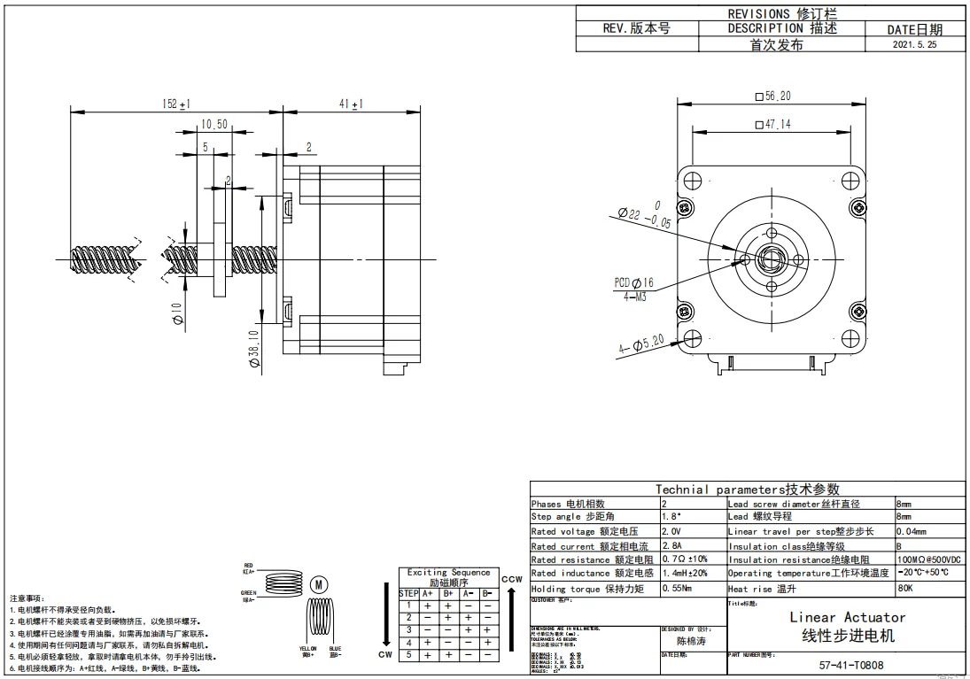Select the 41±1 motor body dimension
[x=352, y=104]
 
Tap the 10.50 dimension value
[x=215, y=125]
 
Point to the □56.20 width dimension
[x=772, y=96]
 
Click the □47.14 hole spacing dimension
[x=772, y=125]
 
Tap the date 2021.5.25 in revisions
[x=914, y=43]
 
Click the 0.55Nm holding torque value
[x=678, y=588]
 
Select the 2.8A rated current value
[x=674, y=545]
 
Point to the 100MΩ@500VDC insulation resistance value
[x=928, y=559]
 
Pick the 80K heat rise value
[x=905, y=588]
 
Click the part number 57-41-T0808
[x=850, y=666]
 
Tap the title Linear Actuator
[x=847, y=617]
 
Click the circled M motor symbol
[x=322, y=583]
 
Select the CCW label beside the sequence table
[x=512, y=579]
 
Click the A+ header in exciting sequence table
[x=428, y=593]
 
